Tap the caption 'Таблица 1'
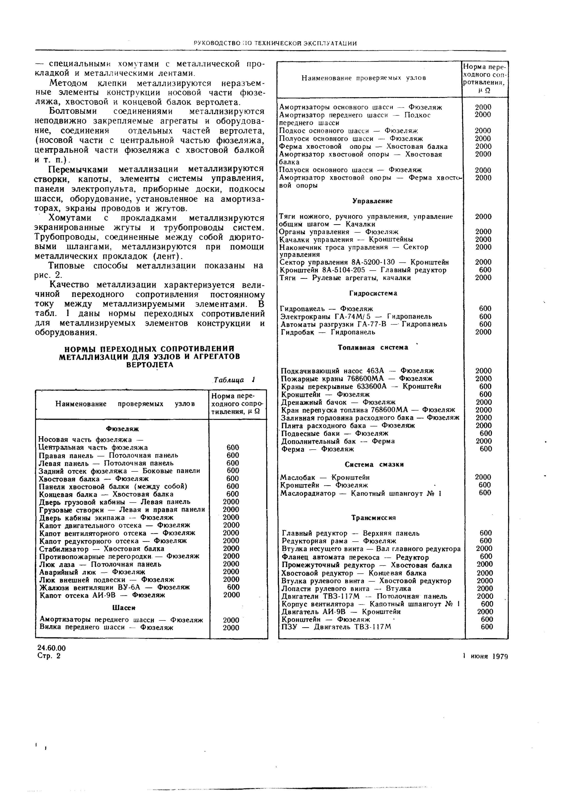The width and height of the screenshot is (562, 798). click(235, 380)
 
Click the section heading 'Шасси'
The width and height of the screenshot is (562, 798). click(124, 608)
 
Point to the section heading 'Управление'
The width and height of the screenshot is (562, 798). click(372, 201)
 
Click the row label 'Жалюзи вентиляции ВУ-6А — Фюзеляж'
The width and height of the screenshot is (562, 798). click(115, 587)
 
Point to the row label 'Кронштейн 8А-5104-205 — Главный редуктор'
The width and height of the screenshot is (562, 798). click(363, 270)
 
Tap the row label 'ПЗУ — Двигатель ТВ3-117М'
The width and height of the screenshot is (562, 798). click(336, 627)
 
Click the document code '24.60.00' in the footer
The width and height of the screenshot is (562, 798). click(51, 648)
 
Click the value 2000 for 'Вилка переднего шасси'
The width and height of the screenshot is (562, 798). click(231, 628)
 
